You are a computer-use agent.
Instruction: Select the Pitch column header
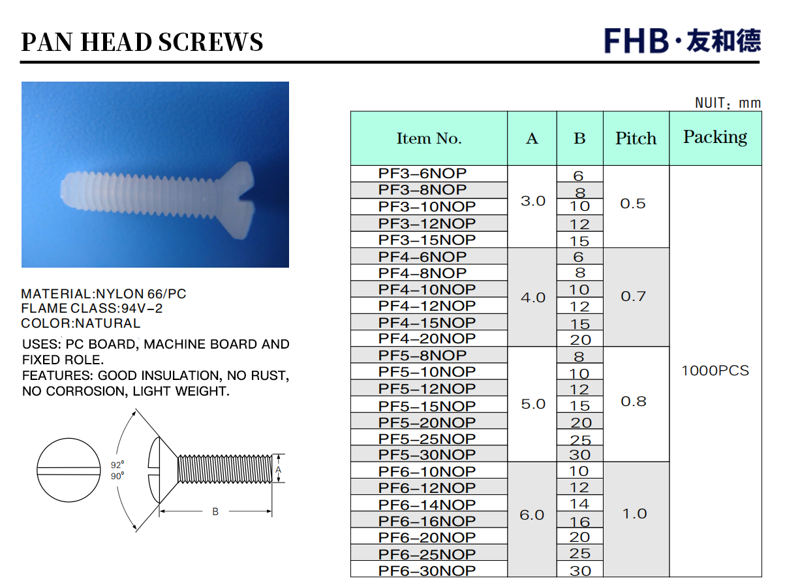pyautogui.click(x=636, y=138)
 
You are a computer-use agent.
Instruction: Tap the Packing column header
pyautogui.click(x=715, y=137)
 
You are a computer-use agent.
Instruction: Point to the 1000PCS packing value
pyautogui.click(x=715, y=371)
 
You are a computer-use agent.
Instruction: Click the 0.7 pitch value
pyautogui.click(x=634, y=296)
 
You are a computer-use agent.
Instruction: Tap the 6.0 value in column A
pyautogui.click(x=532, y=515)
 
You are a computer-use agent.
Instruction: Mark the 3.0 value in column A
pyautogui.click(x=533, y=201)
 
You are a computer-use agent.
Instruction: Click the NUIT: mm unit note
pyautogui.click(x=728, y=103)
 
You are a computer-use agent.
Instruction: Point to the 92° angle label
pyautogui.click(x=117, y=465)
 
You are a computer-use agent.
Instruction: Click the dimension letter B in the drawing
pyautogui.click(x=215, y=511)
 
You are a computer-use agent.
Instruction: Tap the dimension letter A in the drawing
pyautogui.click(x=278, y=469)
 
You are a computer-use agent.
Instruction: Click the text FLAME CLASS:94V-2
pyautogui.click(x=91, y=309)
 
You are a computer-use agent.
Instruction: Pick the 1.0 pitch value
pyautogui.click(x=634, y=514)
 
